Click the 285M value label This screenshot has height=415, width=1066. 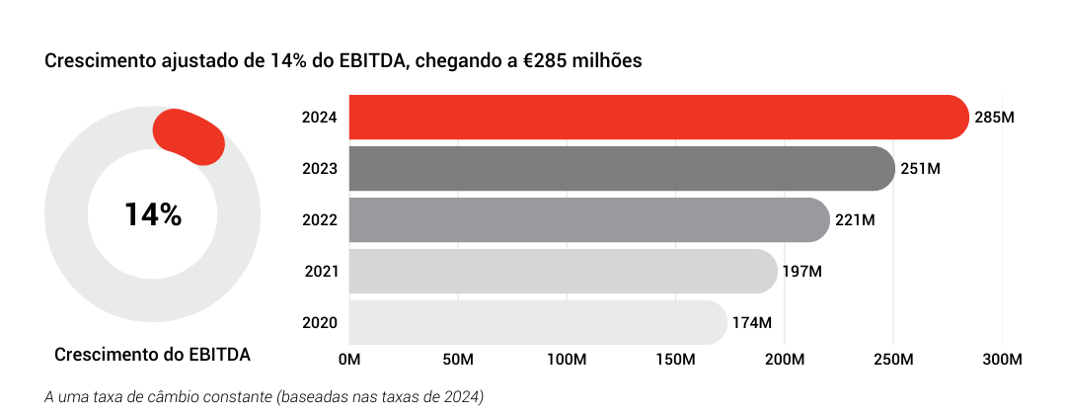[994, 118]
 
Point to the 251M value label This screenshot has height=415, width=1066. [920, 169]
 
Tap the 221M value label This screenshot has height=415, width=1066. [855, 219]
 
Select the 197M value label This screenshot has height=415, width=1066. [802, 271]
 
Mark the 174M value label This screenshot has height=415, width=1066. [752, 322]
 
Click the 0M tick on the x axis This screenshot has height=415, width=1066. [349, 357]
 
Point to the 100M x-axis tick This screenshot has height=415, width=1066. [568, 357]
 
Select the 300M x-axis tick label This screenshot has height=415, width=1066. [1002, 357]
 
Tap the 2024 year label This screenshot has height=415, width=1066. [321, 118]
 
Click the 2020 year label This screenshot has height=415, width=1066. [321, 322]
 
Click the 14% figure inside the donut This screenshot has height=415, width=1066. [153, 214]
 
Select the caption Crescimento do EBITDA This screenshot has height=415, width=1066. [153, 354]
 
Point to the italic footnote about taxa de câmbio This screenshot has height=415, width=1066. [265, 397]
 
